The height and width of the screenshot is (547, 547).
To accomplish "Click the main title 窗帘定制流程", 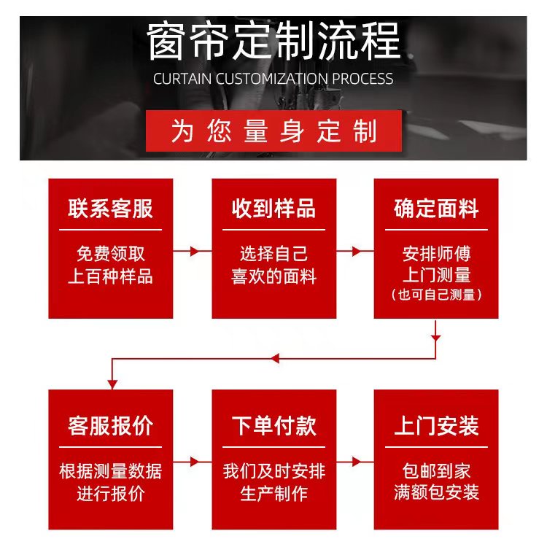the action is coord(273,42).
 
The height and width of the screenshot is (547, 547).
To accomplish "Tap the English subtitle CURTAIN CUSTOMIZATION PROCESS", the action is coord(273,79).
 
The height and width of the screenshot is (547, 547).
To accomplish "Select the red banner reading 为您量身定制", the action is coord(273,131).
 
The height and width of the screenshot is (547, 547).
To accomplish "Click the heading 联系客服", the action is coord(111,209).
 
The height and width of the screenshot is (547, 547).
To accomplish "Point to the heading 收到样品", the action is coord(273,209).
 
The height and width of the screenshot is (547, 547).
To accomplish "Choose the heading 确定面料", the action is coord(436,209).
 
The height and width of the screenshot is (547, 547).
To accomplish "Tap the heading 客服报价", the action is coord(111,425).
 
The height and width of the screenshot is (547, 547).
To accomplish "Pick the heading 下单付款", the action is coord(273,425).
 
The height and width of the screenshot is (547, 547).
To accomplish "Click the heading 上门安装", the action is coord(436,425).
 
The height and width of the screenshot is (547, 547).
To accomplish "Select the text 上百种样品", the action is coord(111,276).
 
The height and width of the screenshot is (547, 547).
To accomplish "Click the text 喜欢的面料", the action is coord(273,276).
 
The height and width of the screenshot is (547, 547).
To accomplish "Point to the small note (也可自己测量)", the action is coord(436,295).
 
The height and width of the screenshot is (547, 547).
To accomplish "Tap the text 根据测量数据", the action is coord(111,470).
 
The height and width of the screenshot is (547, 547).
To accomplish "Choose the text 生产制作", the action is coord(273,493).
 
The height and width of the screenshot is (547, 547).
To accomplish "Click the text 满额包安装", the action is coord(436,493).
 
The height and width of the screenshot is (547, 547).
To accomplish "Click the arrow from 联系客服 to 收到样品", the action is coord(193,251).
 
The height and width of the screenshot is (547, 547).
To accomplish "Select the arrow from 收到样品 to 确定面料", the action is coord(355,251).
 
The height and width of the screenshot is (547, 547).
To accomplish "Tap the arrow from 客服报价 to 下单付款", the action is coord(193,462).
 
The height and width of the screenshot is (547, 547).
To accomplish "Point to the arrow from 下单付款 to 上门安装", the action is coord(355,462).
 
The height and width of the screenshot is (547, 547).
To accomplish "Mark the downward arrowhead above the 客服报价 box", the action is coord(112,382).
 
